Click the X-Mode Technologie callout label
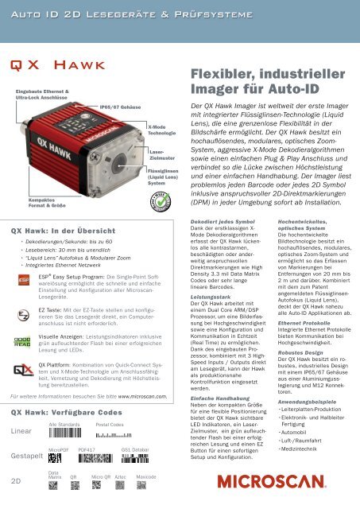(x=162, y=129)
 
